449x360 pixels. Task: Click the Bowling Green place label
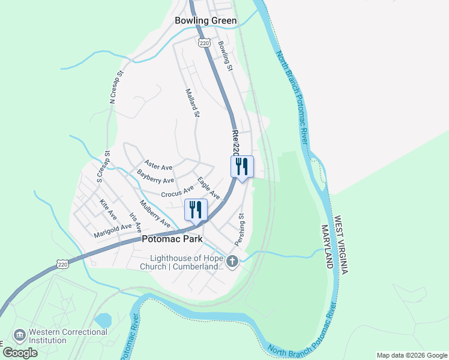206,20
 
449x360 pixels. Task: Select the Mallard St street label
192,104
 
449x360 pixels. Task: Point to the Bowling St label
225,56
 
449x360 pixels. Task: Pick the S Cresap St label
103,166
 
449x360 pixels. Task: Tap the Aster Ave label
158,165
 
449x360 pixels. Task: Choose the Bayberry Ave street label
155,176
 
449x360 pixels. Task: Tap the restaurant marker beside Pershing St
242,167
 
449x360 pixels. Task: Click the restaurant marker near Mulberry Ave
196,210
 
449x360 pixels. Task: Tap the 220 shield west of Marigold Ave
63,263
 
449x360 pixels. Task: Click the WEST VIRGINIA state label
342,246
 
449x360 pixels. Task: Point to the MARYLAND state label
327,247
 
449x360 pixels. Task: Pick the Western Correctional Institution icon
19,334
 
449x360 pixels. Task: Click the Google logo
20,352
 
